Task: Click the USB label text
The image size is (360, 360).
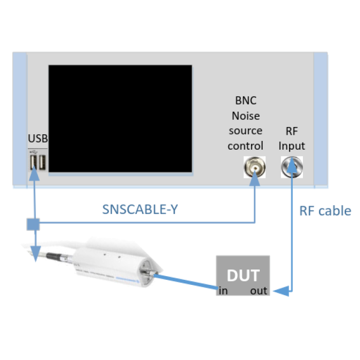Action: (38, 138)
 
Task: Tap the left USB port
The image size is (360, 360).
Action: (33, 163)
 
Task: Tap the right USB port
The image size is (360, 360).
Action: (42, 163)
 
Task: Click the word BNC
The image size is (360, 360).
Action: (245, 101)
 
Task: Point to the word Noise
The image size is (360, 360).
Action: (245, 116)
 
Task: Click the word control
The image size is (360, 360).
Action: (245, 146)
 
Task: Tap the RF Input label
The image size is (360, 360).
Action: (292, 138)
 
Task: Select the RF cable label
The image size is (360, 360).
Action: (325, 210)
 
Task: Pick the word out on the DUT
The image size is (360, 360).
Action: (259, 291)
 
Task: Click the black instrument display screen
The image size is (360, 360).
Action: (120, 118)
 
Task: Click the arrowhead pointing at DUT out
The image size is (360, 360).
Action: (278, 292)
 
